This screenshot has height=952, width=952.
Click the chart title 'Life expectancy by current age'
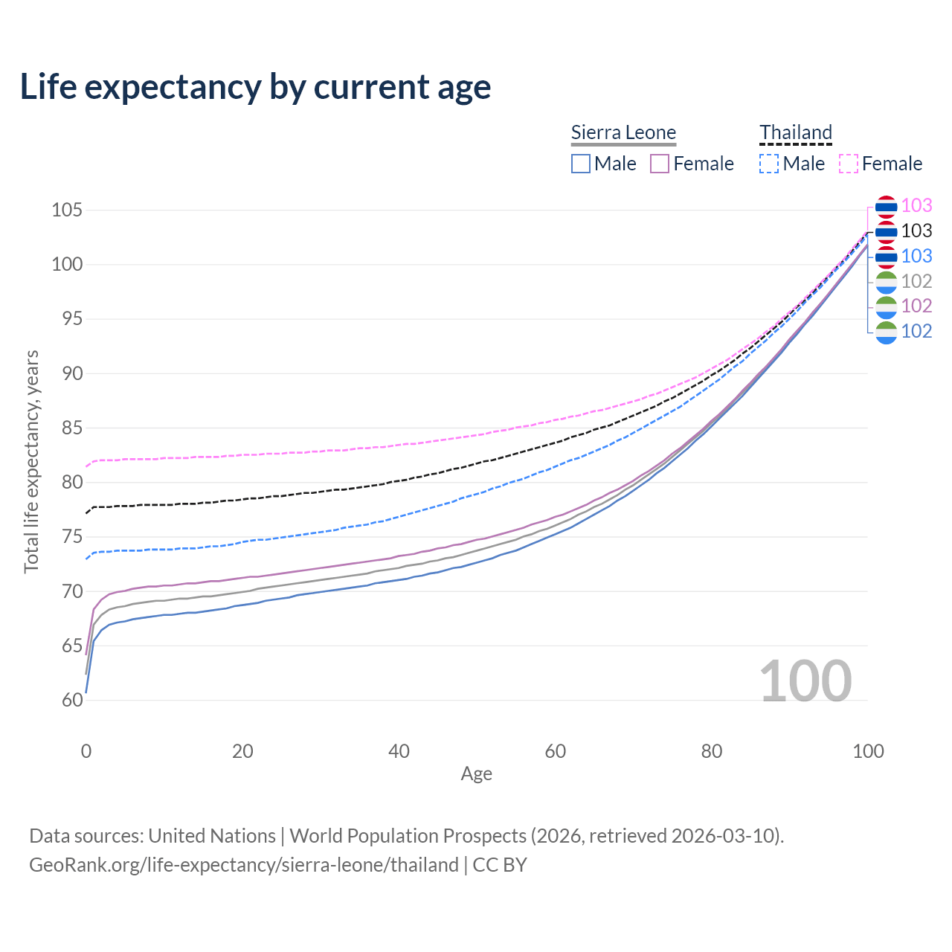pyautogui.click(x=255, y=86)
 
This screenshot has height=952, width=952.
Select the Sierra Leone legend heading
pyautogui.click(x=623, y=132)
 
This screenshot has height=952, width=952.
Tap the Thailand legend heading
pyautogui.click(x=795, y=132)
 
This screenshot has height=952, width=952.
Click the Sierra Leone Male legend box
pyautogui.click(x=581, y=164)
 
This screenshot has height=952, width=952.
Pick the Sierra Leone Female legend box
pyautogui.click(x=660, y=164)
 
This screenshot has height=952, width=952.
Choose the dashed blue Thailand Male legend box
pyautogui.click(x=769, y=164)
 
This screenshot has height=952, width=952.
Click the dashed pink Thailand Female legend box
pyautogui.click(x=849, y=164)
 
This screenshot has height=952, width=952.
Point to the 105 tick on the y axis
pyautogui.click(x=66, y=210)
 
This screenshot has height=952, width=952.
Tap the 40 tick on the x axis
pyautogui.click(x=399, y=751)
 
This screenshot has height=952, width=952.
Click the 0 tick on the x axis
pyautogui.click(x=86, y=751)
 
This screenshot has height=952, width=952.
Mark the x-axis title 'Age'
pyautogui.click(x=476, y=773)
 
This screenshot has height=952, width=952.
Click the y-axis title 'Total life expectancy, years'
pyautogui.click(x=31, y=462)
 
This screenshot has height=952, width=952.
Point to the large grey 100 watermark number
pyautogui.click(x=805, y=681)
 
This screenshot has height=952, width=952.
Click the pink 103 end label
pyautogui.click(x=916, y=205)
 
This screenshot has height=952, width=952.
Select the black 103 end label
pyautogui.click(x=916, y=231)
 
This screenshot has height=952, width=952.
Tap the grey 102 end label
pyautogui.click(x=916, y=281)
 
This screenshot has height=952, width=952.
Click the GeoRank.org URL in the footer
pyautogui.click(x=244, y=865)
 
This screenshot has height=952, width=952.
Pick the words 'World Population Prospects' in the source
pyautogui.click(x=408, y=836)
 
